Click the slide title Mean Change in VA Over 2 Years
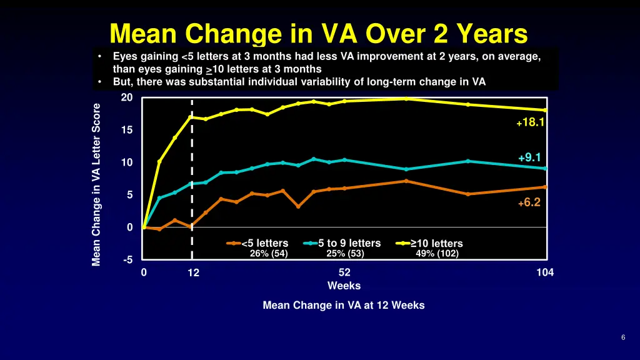[x=319, y=32]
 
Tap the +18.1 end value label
[x=531, y=123]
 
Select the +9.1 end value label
[x=529, y=157]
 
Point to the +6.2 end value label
[x=529, y=202]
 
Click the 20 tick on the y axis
[x=127, y=97]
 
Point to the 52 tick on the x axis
[x=344, y=272]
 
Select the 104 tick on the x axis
[x=545, y=272]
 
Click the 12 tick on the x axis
[x=193, y=272]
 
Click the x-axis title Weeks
[x=344, y=286]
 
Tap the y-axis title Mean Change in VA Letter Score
[x=97, y=184]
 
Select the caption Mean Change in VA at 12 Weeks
[x=344, y=306]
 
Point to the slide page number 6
[x=623, y=338]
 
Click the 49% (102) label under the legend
[x=437, y=254]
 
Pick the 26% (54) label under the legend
[x=269, y=254]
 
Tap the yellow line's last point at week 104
[x=546, y=110]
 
